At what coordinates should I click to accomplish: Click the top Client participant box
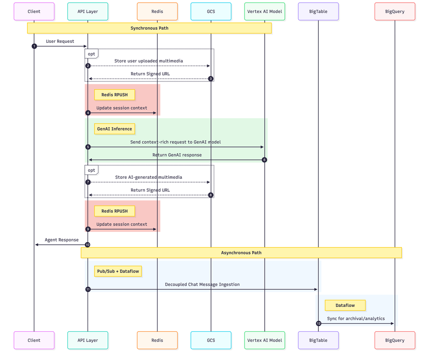pos(34,12)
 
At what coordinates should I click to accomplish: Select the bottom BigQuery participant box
pos(395,340)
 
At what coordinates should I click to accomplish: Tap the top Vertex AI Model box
pos(265,12)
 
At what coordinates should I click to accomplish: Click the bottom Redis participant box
pos(157,340)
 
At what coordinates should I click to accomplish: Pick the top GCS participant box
pos(211,12)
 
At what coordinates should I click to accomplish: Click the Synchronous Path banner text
pos(149,28)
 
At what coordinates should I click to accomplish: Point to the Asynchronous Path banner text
pos(241,253)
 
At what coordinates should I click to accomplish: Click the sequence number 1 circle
pos(34,46)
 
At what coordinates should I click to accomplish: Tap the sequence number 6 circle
pos(264,160)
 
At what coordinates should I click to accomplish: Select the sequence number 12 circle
pos(318,324)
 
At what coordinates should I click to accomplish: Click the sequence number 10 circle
pos(88,245)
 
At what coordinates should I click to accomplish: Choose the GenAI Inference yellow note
pos(115,129)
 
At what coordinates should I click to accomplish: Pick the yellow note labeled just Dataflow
pos(345,305)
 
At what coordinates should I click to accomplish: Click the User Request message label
pos(60,42)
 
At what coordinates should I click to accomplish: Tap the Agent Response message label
pos(61,240)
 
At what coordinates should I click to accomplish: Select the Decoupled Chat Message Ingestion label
pos(202,285)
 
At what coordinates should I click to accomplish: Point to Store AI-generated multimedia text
pos(148,177)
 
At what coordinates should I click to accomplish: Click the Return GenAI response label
pos(177,155)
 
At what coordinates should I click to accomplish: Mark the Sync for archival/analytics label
pos(356,319)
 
